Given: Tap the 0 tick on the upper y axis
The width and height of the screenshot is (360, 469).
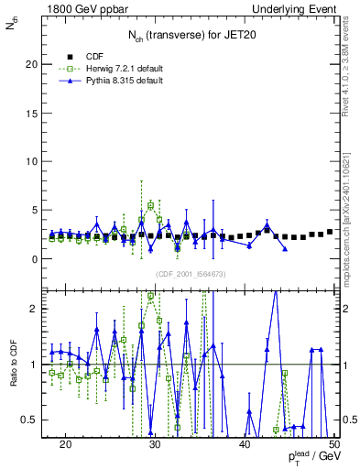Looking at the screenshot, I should pyautogui.click(x=38, y=258).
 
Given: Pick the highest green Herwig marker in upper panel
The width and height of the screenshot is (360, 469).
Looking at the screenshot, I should pyautogui.click(x=150, y=206).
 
